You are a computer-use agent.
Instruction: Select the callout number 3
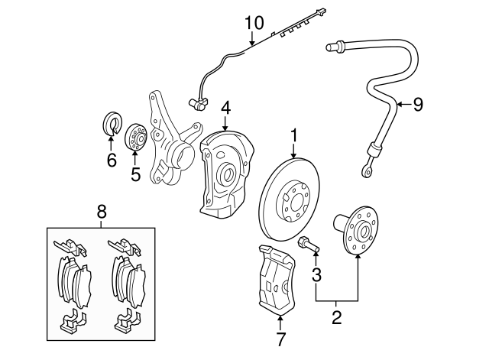[316, 273]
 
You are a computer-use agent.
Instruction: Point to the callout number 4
[225, 109]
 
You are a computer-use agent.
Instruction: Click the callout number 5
[135, 175]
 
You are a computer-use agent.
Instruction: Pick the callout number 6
[111, 160]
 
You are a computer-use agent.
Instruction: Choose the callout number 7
[280, 337]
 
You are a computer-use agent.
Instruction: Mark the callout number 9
[417, 105]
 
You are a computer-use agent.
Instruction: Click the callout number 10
[254, 23]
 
